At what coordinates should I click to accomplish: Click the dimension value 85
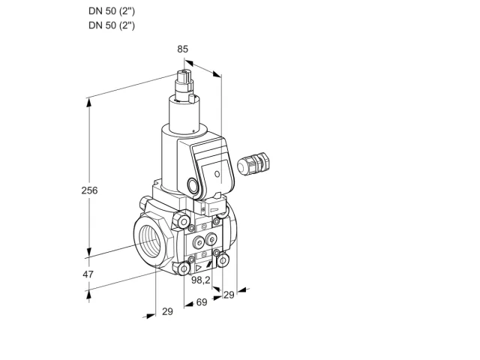coord(182,49)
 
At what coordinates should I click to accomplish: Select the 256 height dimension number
coord(89,190)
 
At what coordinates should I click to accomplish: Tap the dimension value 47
coord(88,274)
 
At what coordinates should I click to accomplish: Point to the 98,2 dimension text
coord(201,280)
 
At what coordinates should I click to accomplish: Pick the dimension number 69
coord(202,302)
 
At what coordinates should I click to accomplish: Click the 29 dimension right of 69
coord(229,295)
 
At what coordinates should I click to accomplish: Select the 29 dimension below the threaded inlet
coord(167,311)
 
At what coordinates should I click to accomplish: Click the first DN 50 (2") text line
coord(112,11)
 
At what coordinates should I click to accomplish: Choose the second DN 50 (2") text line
coord(112,25)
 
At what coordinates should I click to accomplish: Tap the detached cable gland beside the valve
coord(253,163)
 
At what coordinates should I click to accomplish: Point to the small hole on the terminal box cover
coord(217,174)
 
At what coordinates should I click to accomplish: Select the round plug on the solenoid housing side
coord(193,185)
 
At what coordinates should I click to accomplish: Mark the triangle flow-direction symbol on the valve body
coord(199,268)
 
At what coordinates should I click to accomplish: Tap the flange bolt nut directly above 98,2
coord(184,268)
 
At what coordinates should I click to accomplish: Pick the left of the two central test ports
coord(199,243)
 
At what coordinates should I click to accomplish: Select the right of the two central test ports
coord(211,239)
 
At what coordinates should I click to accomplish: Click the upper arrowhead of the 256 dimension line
coord(88,103)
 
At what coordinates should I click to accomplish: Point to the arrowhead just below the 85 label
coord(189,63)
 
